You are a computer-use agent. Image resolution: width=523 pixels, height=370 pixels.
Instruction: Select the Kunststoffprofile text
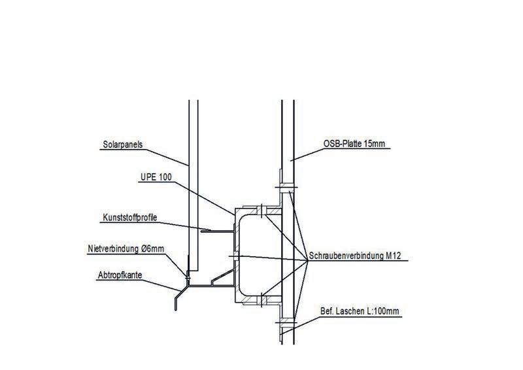pos(129,217)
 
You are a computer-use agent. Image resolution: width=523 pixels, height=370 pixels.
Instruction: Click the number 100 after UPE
pos(161,178)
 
